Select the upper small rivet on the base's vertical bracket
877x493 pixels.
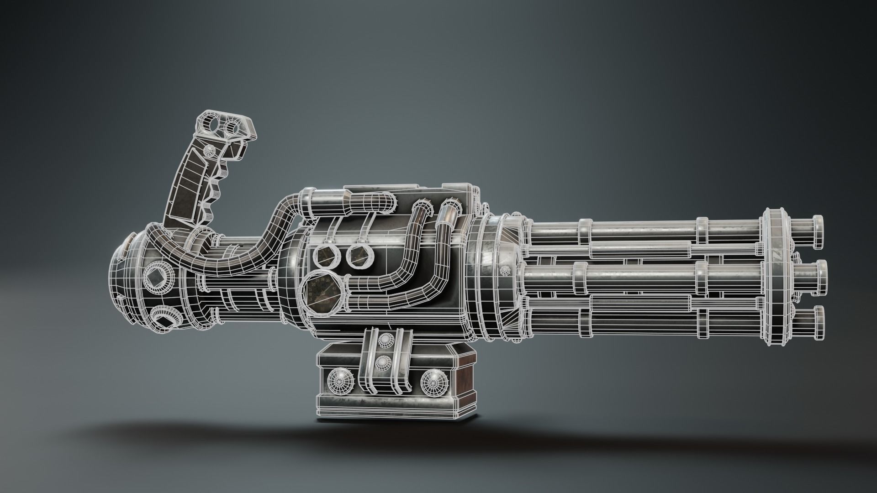click(x=382, y=340)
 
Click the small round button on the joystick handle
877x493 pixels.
click(x=210, y=150)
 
